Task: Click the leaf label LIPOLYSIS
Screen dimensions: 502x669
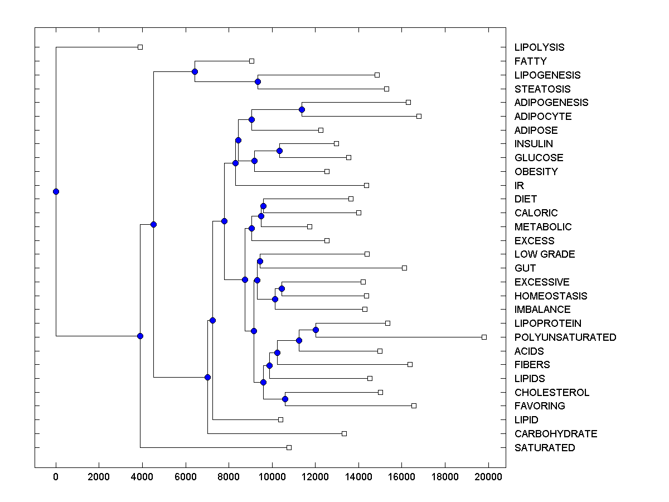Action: tap(539, 47)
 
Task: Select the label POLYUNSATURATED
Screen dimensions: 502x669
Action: tap(565, 337)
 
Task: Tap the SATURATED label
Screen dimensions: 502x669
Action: tap(544, 448)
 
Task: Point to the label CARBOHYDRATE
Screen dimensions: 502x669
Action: tap(555, 434)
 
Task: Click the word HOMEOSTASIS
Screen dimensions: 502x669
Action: tap(550, 296)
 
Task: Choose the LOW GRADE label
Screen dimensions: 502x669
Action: tap(544, 254)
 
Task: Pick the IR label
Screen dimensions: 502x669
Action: tap(519, 186)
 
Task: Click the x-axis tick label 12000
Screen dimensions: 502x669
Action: tap(315, 477)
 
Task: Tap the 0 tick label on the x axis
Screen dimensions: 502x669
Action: tap(56, 477)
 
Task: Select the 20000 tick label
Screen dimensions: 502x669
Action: tap(488, 477)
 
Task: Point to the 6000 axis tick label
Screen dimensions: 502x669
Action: tap(186, 477)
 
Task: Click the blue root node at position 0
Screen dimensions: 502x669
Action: tap(56, 191)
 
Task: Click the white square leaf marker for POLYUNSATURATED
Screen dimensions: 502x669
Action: tap(484, 337)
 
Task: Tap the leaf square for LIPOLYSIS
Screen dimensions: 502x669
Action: tap(140, 47)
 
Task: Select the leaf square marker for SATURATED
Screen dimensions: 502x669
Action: tap(289, 447)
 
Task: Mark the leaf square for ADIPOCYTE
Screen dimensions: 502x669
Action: tap(419, 116)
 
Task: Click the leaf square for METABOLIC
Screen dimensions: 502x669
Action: tap(309, 226)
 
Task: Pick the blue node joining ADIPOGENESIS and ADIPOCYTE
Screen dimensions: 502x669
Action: tap(302, 109)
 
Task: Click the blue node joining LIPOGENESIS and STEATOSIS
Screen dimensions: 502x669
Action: tap(258, 81)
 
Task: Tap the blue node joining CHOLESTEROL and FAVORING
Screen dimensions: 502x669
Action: tap(285, 399)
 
